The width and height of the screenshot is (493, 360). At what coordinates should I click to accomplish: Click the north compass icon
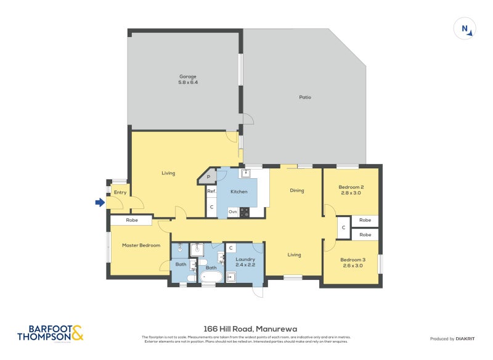point(465,29)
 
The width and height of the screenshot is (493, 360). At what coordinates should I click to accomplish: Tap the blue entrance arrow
point(99,202)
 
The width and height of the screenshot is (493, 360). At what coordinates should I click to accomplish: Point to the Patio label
point(305,97)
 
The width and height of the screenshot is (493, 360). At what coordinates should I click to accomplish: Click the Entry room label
point(120,192)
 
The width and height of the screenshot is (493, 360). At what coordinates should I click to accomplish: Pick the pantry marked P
point(208,178)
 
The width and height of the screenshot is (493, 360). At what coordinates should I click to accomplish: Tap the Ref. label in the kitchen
point(211,192)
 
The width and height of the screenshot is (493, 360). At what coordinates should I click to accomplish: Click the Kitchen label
point(238,192)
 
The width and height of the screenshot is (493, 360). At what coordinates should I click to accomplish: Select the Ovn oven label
point(232,211)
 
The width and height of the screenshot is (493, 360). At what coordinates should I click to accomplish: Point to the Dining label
point(297,190)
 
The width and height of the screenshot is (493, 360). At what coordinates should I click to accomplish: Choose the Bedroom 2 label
point(351,190)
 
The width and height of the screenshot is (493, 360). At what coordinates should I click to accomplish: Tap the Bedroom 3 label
point(353,263)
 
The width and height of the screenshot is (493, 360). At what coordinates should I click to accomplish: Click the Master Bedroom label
point(141,245)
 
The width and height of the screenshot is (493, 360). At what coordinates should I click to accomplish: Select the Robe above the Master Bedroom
point(131,220)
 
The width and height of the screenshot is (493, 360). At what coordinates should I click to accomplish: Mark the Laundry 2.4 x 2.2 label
point(245,262)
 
